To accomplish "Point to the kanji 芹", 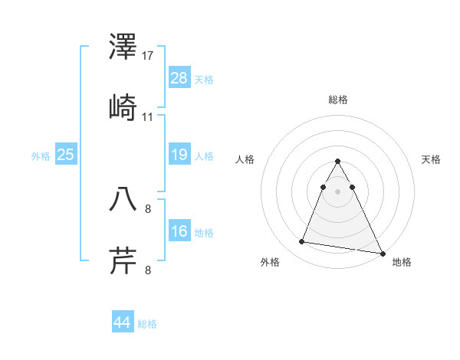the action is pyautogui.click(x=123, y=260).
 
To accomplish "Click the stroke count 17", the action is pyautogui.click(x=148, y=56).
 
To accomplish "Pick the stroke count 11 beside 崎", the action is pyautogui.click(x=148, y=116).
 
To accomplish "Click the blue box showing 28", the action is pyautogui.click(x=179, y=78).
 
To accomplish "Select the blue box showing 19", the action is pyautogui.click(x=179, y=155).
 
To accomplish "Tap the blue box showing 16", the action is pyautogui.click(x=179, y=231).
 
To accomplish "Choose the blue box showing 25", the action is pyautogui.click(x=66, y=155).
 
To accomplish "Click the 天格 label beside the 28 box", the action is pyautogui.click(x=204, y=80).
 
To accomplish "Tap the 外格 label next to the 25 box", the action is pyautogui.click(x=41, y=156).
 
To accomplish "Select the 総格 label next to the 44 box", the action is pyautogui.click(x=147, y=324).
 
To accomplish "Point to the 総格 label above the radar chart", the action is pyautogui.click(x=337, y=100).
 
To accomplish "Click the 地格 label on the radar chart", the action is pyautogui.click(x=402, y=262).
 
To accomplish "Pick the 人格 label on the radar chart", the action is pyautogui.click(x=245, y=159).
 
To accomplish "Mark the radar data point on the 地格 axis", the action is pyautogui.click(x=382, y=254).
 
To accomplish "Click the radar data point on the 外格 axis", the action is pyautogui.click(x=302, y=242).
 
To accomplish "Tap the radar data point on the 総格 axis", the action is pyautogui.click(x=337, y=162).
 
